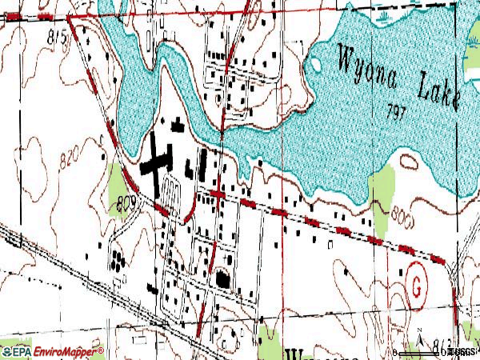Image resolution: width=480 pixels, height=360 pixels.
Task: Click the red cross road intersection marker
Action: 218,194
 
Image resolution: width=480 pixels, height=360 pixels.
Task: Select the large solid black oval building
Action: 222,279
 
